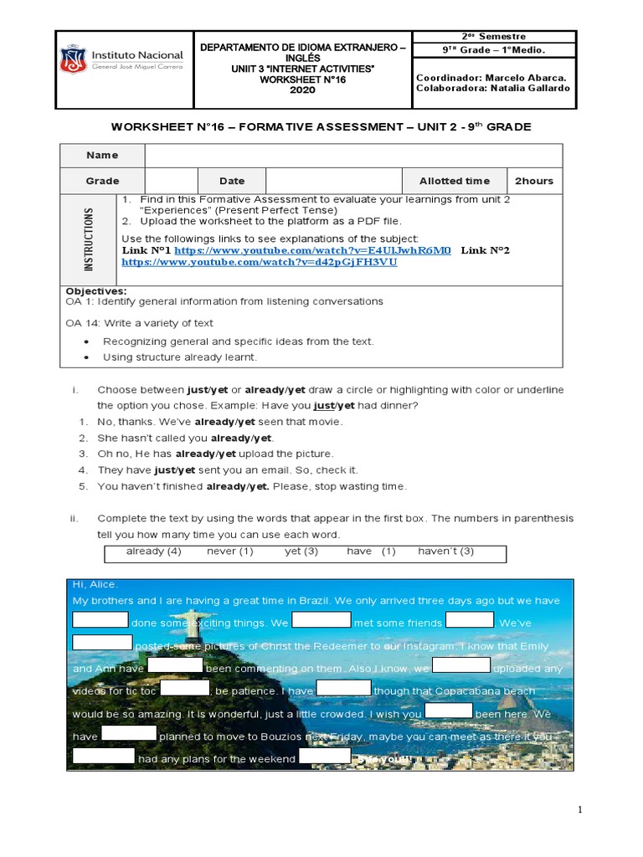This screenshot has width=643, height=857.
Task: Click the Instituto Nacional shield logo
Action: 73,59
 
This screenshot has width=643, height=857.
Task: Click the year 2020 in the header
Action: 302,90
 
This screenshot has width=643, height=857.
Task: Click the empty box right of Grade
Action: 171,181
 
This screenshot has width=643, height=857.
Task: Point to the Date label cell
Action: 232,181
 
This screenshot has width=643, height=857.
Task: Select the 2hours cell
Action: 534,181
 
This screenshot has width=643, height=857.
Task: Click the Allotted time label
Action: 455,181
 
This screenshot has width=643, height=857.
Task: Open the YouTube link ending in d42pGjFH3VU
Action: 260,262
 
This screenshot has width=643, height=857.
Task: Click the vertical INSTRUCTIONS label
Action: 89,239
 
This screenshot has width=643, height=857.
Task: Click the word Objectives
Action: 95,291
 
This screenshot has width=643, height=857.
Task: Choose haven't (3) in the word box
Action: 445,552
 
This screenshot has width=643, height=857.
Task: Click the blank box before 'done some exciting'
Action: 100,620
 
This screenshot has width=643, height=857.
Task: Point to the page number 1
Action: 579,810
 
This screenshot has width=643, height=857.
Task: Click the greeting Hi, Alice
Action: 95,584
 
